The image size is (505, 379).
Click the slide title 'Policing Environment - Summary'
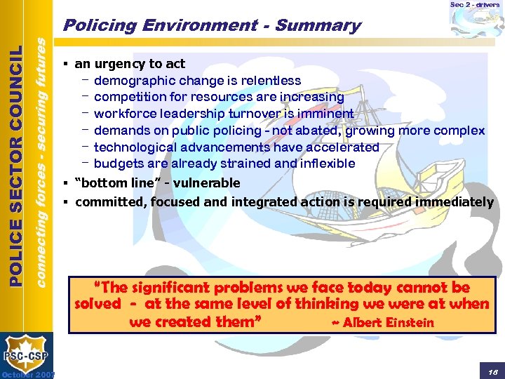click(211, 26)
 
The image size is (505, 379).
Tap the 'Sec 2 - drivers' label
click(475, 5)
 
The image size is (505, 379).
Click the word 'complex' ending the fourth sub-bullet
click(459, 131)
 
